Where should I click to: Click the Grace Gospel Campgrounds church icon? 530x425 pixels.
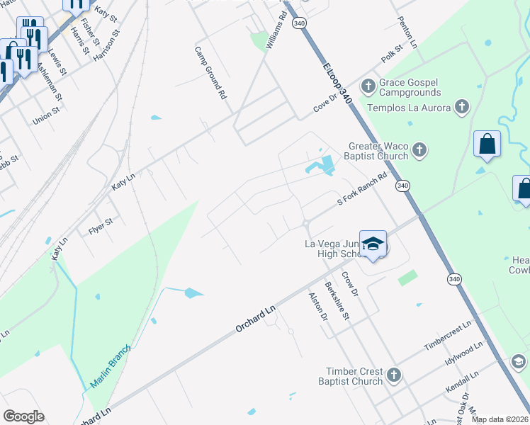(368, 87)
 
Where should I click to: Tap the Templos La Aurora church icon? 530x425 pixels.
(462, 107)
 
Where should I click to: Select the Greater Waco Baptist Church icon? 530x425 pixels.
(419, 151)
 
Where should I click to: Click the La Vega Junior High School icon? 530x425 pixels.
(373, 244)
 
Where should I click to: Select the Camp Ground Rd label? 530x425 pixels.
(210, 72)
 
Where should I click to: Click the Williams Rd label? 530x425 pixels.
(276, 30)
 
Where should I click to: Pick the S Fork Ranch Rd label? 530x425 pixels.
(361, 191)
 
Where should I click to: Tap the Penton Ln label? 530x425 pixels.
(409, 31)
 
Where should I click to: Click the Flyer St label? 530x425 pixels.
(101, 227)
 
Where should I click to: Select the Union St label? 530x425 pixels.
(46, 117)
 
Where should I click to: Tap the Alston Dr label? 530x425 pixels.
(317, 307)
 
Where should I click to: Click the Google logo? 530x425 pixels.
(23, 416)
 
